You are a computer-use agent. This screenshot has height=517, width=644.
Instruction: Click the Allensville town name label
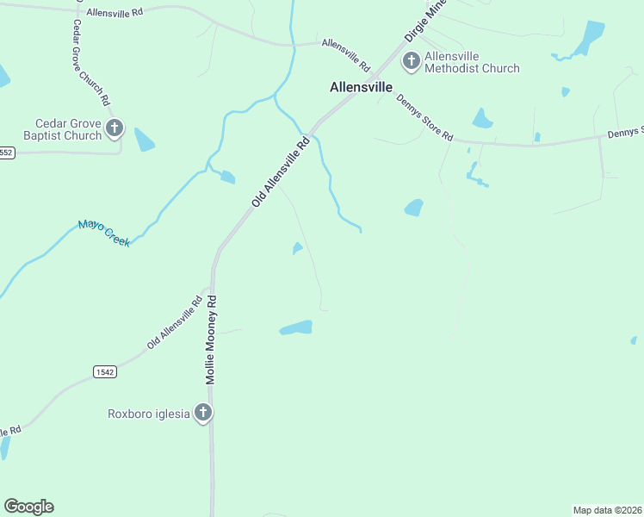pyautogui.click(x=362, y=87)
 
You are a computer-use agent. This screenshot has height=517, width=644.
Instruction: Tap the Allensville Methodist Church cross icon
pyautogui.click(x=411, y=61)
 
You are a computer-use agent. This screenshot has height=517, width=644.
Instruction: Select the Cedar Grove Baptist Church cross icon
pyautogui.click(x=115, y=129)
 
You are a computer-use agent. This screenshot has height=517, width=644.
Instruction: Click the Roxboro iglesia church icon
pyautogui.click(x=203, y=413)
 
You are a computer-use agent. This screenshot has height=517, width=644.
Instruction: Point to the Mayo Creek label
pyautogui.click(x=104, y=234)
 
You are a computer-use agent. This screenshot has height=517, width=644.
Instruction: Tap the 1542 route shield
pyautogui.click(x=104, y=371)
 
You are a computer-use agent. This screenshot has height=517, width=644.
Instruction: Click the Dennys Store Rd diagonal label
pyautogui.click(x=424, y=117)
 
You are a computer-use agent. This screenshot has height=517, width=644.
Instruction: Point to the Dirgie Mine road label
pyautogui.click(x=426, y=21)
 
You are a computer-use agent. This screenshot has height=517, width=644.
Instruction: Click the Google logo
pyautogui.click(x=28, y=507)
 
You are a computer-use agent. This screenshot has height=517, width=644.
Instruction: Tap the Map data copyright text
pyautogui.click(x=607, y=510)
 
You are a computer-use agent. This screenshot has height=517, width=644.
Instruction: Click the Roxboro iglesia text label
pyautogui.click(x=148, y=414)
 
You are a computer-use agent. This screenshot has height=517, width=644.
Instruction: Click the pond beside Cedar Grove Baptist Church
pyautogui.click(x=144, y=139)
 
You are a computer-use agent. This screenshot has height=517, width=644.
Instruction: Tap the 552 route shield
pyautogui.click(x=7, y=153)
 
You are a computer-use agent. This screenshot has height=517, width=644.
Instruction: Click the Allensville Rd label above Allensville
pyautogui.click(x=345, y=53)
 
